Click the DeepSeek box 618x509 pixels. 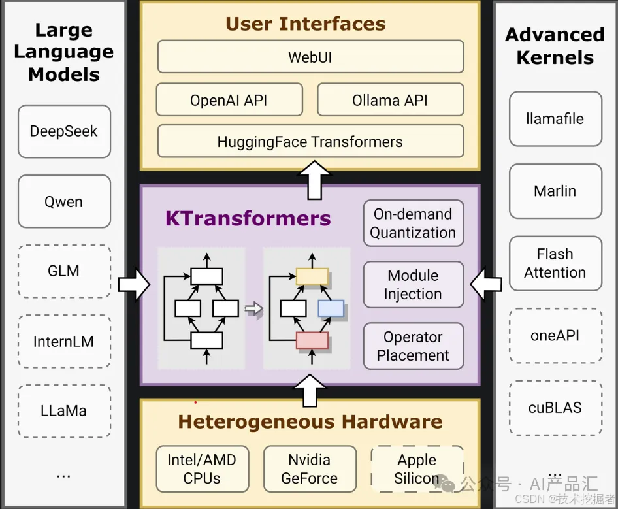[64, 131]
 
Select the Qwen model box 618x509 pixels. [64, 201]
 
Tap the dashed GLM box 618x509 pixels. [64, 271]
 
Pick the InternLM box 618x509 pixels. [64, 341]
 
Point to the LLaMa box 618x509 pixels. [64, 411]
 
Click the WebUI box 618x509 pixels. [310, 57]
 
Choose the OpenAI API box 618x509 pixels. [229, 100]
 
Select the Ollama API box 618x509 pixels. [390, 100]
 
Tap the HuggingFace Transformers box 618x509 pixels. [310, 142]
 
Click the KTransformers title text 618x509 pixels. [248, 218]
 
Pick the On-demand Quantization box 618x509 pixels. [413, 223]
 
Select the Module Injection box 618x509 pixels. [413, 285]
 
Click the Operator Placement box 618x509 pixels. [413, 346]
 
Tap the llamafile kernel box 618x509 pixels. [555, 119]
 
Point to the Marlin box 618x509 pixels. [555, 191]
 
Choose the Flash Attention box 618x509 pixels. [555, 263]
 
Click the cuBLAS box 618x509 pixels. [555, 408]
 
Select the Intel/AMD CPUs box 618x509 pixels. [202, 468]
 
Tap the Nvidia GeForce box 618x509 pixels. [310, 468]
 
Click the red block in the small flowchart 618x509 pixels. [312, 340]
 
